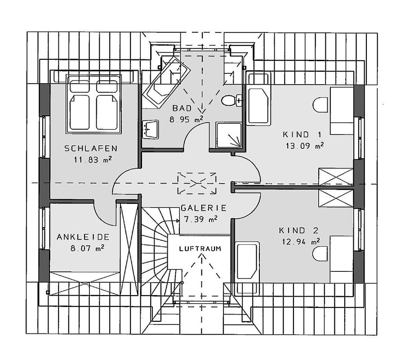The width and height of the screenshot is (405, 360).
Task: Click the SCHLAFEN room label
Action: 91,148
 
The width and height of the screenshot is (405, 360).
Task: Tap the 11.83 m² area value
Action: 93,160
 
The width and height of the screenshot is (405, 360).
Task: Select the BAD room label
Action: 182,108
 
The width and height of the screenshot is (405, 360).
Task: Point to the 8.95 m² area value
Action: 186,120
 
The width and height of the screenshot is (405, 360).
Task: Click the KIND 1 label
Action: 302,135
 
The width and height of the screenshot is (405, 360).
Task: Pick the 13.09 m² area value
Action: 305,146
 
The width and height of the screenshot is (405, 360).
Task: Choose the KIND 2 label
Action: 299,230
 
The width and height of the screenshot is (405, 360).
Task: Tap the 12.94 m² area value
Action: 301,242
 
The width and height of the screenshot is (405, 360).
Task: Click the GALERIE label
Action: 204,208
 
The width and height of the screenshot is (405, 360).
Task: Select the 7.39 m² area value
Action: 200,219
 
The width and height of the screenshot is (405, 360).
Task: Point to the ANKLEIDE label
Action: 83,237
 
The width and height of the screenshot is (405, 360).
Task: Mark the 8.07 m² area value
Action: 87,248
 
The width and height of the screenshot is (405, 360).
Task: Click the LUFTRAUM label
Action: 200,249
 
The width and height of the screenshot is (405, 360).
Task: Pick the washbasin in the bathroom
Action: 150,129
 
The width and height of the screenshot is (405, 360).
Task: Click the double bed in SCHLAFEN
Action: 94,104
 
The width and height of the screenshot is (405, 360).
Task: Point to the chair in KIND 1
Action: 320,105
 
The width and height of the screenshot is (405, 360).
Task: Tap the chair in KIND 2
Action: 320,253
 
